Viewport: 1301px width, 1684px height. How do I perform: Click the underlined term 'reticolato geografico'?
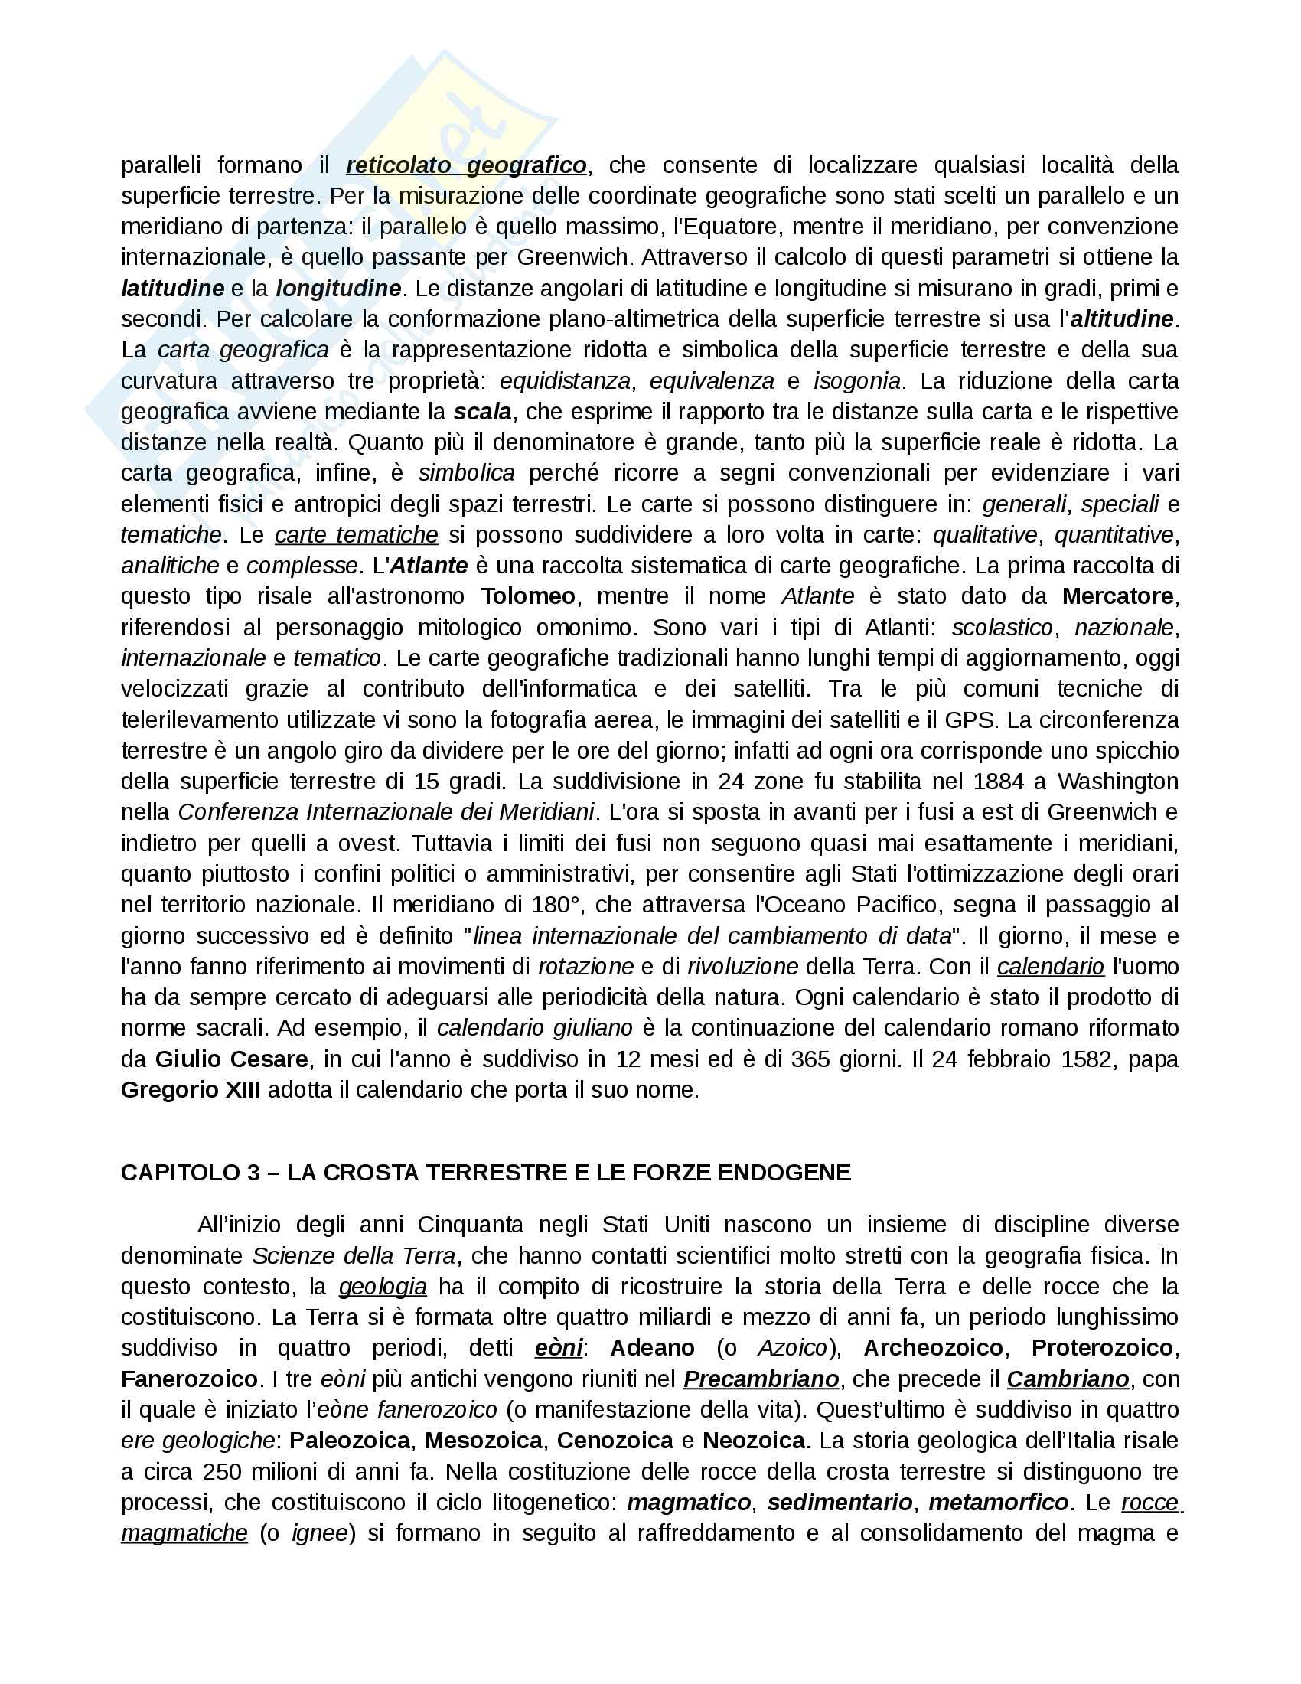(x=466, y=165)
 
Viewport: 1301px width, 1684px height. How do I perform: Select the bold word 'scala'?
(x=482, y=412)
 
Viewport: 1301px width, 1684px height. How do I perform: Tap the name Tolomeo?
(x=528, y=597)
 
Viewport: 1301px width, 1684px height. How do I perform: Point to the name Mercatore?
(x=1117, y=597)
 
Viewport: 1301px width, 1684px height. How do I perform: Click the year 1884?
(x=999, y=782)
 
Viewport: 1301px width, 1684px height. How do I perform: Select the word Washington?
(x=1117, y=782)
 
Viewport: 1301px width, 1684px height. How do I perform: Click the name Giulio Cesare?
(x=231, y=1059)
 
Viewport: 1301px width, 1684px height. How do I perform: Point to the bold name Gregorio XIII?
(x=191, y=1090)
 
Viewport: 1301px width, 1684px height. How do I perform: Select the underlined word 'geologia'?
(x=383, y=1287)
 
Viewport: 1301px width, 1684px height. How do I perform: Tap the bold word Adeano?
(x=652, y=1349)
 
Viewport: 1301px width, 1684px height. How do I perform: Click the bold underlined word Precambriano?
(x=761, y=1379)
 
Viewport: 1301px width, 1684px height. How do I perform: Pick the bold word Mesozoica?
(x=484, y=1441)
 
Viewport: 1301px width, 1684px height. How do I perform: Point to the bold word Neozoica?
(x=754, y=1441)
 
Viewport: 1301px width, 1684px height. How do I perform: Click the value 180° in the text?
(x=556, y=906)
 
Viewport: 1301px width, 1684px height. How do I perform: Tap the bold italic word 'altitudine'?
(x=1121, y=319)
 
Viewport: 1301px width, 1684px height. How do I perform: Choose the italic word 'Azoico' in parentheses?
(x=792, y=1349)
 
